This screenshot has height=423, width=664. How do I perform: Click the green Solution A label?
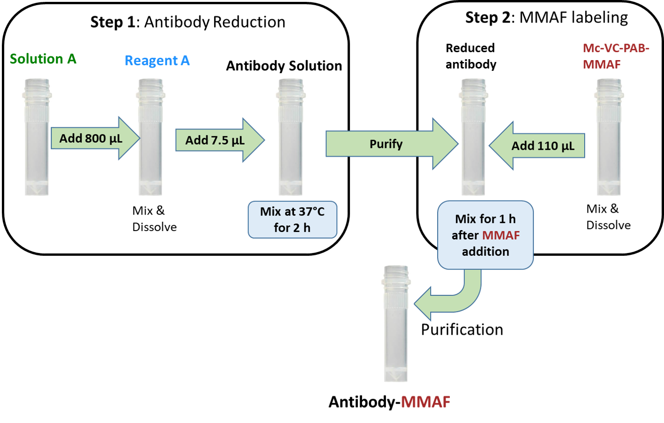pos(43,59)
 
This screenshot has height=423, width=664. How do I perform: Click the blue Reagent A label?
pos(157,61)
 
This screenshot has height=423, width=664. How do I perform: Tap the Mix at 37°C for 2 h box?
pos(292,220)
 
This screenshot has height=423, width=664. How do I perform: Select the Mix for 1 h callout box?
pos(485,235)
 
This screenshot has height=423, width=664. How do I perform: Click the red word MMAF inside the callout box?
pos(501,235)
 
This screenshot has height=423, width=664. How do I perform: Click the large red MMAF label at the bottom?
pos(425,402)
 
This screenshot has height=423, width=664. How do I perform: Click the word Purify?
pos(386,144)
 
